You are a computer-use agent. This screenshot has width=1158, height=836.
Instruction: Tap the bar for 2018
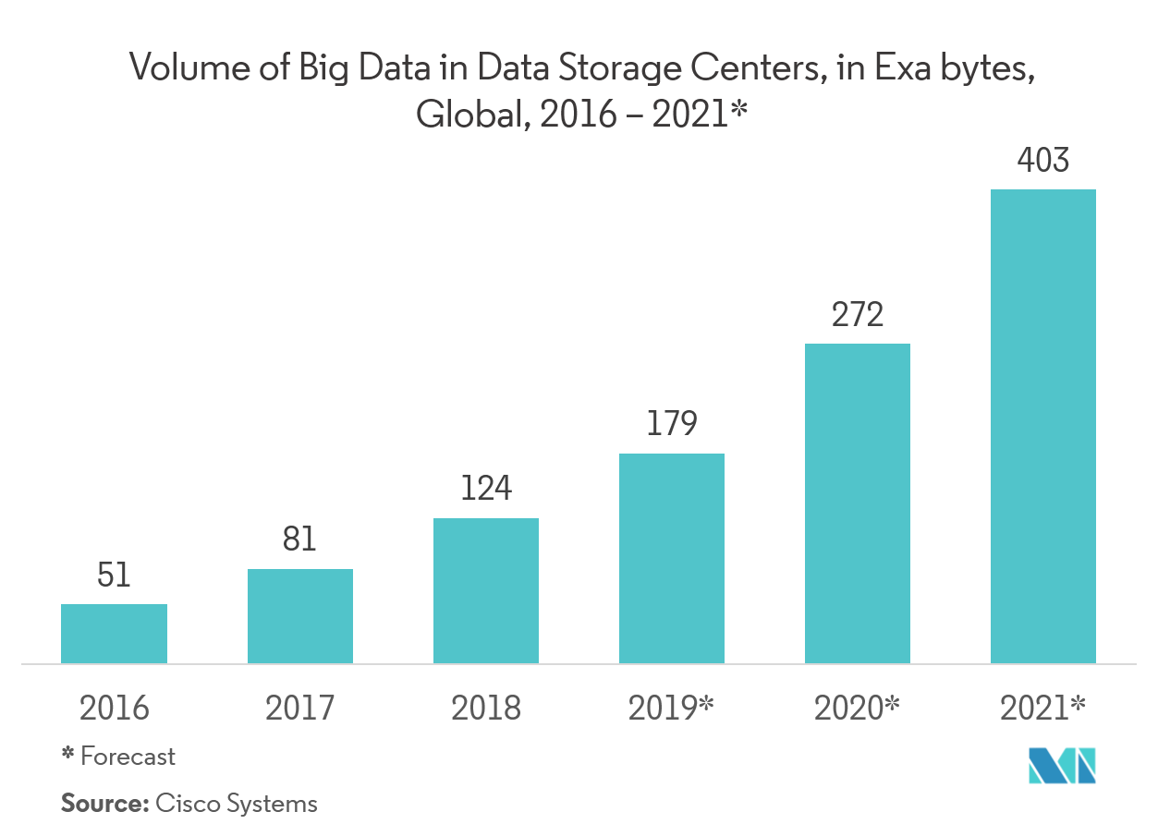coord(485,590)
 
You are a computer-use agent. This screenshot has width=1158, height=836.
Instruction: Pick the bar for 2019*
coord(672,558)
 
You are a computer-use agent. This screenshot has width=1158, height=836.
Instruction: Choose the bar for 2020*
coord(858,503)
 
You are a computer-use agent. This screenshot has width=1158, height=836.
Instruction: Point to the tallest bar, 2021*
coord(1043,426)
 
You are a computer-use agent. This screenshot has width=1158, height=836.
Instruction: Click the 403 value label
coord(1043,161)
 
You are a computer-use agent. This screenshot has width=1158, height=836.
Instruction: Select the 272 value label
coord(858,315)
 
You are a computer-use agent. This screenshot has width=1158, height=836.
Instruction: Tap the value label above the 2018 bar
coord(485,488)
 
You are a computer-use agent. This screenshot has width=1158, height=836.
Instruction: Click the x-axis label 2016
coord(114,709)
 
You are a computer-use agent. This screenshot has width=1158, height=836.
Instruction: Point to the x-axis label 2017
coord(299,709)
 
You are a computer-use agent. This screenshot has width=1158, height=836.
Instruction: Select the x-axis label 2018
coord(485,709)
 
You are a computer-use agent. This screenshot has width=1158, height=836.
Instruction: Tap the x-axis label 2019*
coord(672,709)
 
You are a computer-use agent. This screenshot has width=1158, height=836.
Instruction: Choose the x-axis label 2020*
coord(858,709)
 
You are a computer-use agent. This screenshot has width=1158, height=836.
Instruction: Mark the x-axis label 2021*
coord(1043,709)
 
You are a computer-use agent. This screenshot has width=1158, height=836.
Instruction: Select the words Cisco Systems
coord(237,804)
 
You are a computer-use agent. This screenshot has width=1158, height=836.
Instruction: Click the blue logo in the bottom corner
coord(1062,768)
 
